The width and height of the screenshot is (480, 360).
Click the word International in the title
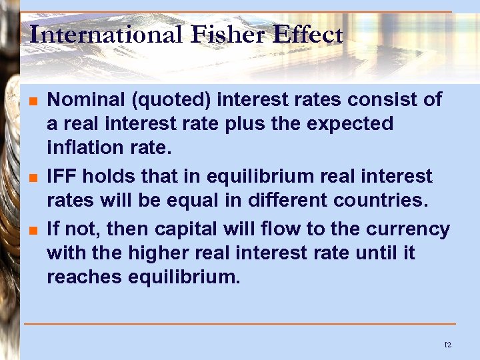[x=105, y=34]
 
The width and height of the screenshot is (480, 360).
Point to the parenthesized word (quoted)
[x=171, y=101]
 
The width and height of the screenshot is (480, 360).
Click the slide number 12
[x=447, y=345]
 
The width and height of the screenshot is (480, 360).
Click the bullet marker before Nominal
[x=32, y=102]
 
